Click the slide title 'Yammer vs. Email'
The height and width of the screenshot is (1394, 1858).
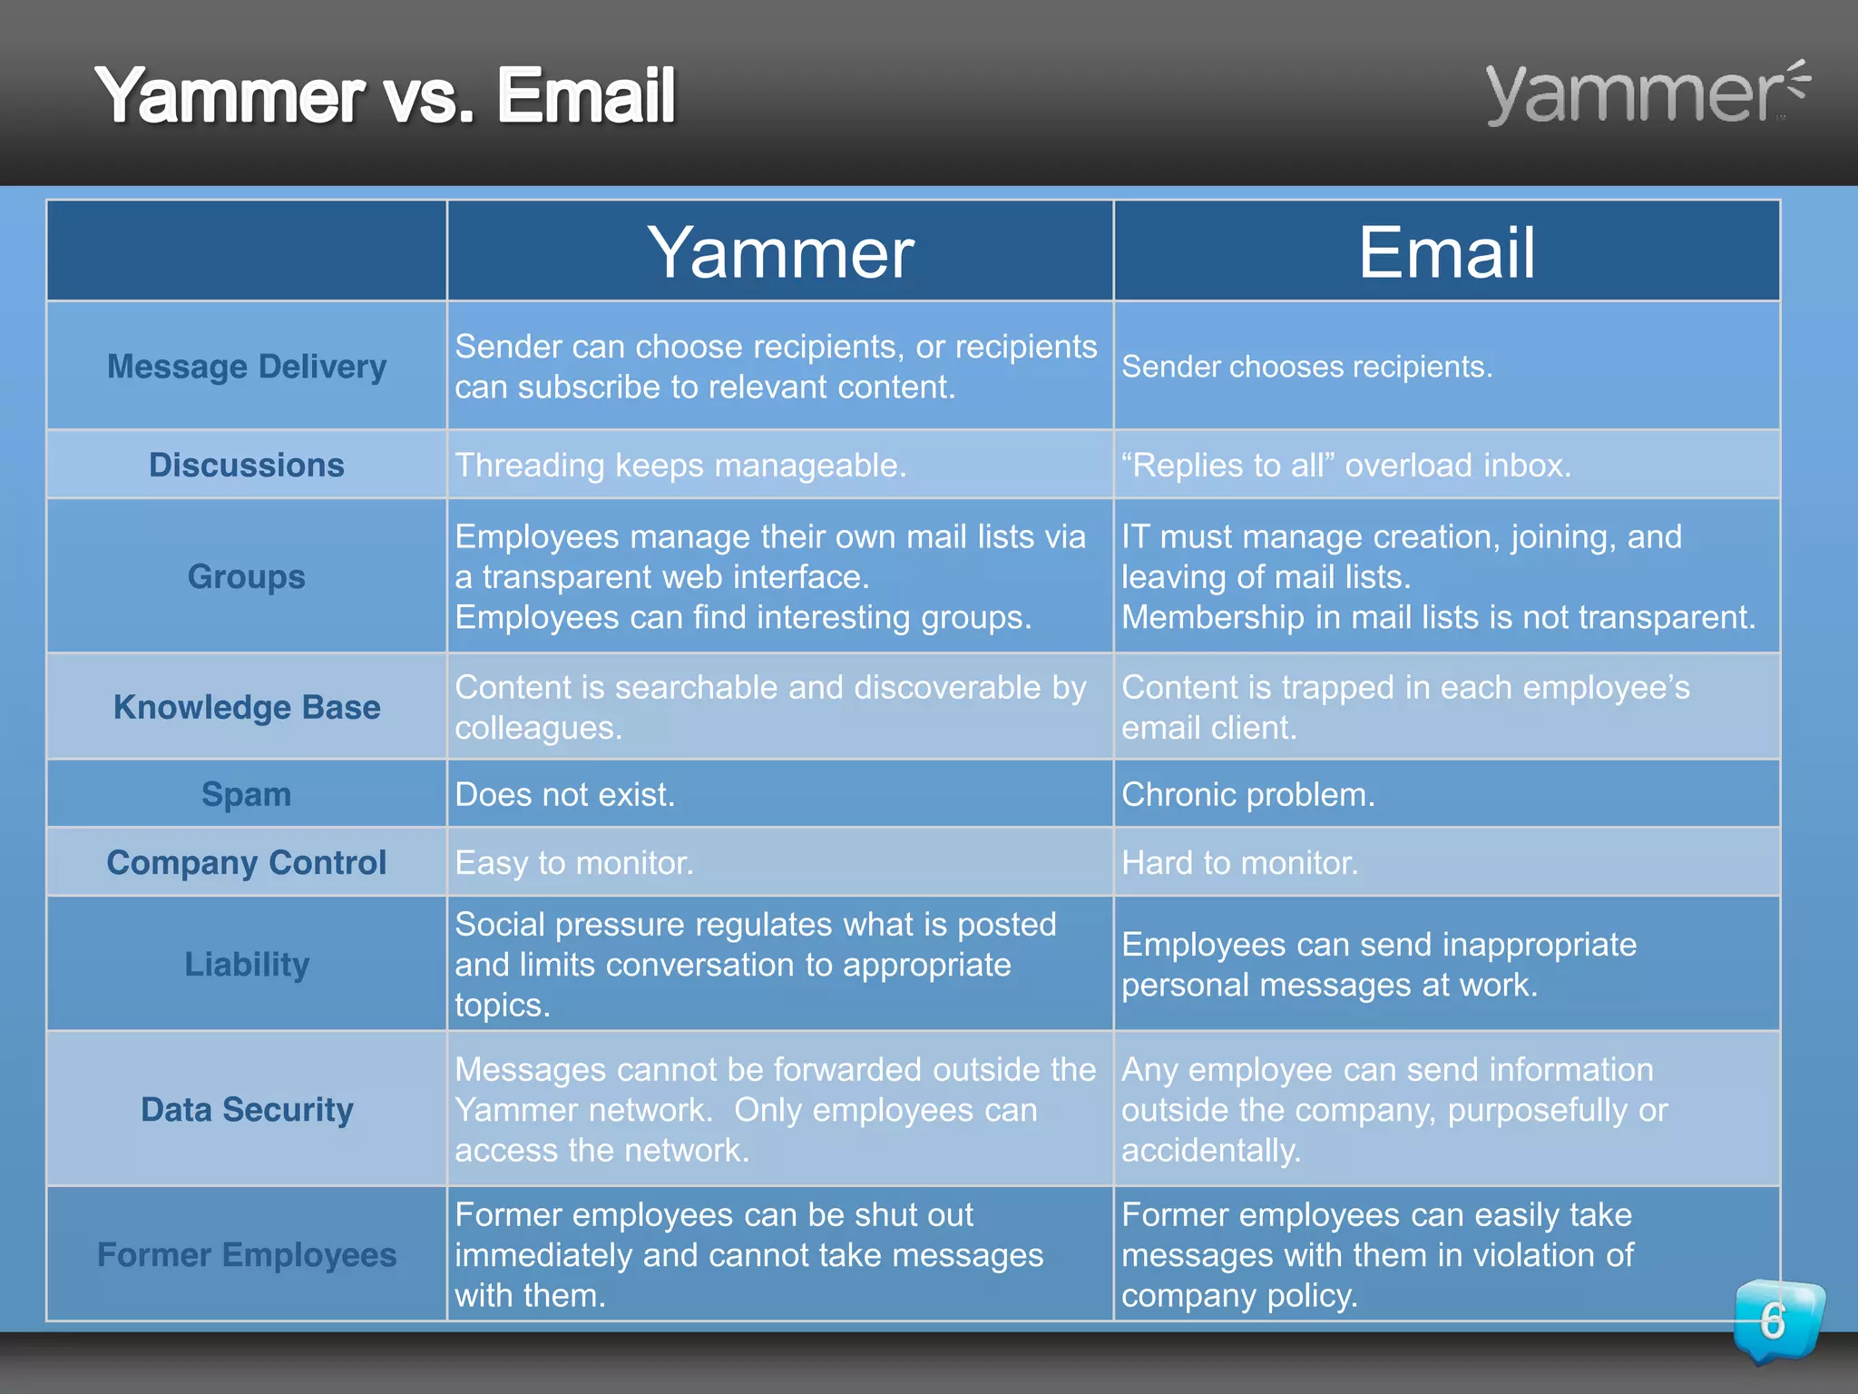click(x=385, y=95)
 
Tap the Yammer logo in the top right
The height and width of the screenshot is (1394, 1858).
click(x=1646, y=93)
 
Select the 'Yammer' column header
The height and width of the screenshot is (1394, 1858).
click(x=779, y=252)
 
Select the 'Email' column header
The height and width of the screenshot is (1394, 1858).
click(x=1446, y=252)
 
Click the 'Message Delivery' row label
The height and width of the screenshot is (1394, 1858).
click(x=246, y=367)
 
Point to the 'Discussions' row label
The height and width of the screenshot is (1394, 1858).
click(x=246, y=465)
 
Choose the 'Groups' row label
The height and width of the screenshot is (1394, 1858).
click(x=246, y=576)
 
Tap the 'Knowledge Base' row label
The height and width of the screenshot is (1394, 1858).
click(x=246, y=707)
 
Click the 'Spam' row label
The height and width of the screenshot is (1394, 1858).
click(x=246, y=794)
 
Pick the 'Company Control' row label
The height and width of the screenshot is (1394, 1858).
click(x=246, y=862)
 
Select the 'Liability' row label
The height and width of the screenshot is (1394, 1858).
click(x=246, y=964)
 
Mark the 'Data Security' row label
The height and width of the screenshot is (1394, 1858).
click(x=246, y=1109)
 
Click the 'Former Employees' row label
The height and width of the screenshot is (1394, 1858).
click(x=246, y=1254)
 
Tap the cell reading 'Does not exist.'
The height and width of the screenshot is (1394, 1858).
click(x=564, y=794)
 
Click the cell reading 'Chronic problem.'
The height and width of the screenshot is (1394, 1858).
click(x=1248, y=794)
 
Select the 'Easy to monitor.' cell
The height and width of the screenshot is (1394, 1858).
click(x=574, y=862)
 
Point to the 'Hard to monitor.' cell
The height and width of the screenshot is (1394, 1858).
click(x=1240, y=862)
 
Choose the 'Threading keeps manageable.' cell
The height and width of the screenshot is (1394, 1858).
click(x=680, y=465)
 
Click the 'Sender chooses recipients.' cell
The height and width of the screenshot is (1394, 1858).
click(x=1306, y=367)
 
